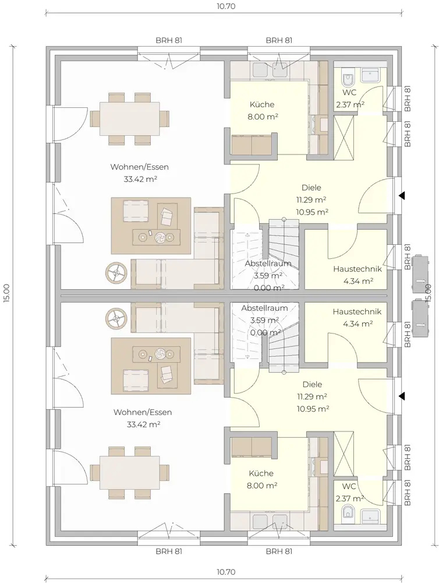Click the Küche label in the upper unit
(x=262, y=104)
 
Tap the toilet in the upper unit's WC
(x=348, y=79)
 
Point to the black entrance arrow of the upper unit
(x=402, y=195)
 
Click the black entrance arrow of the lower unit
(x=402, y=396)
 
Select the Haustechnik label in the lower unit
(x=357, y=311)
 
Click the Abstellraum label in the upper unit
(x=268, y=264)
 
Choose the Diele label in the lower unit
(x=312, y=384)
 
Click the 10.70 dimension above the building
(x=226, y=6)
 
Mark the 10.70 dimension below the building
(x=226, y=573)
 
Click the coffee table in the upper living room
(x=156, y=237)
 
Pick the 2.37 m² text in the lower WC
(x=350, y=498)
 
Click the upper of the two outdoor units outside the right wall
(x=420, y=273)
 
